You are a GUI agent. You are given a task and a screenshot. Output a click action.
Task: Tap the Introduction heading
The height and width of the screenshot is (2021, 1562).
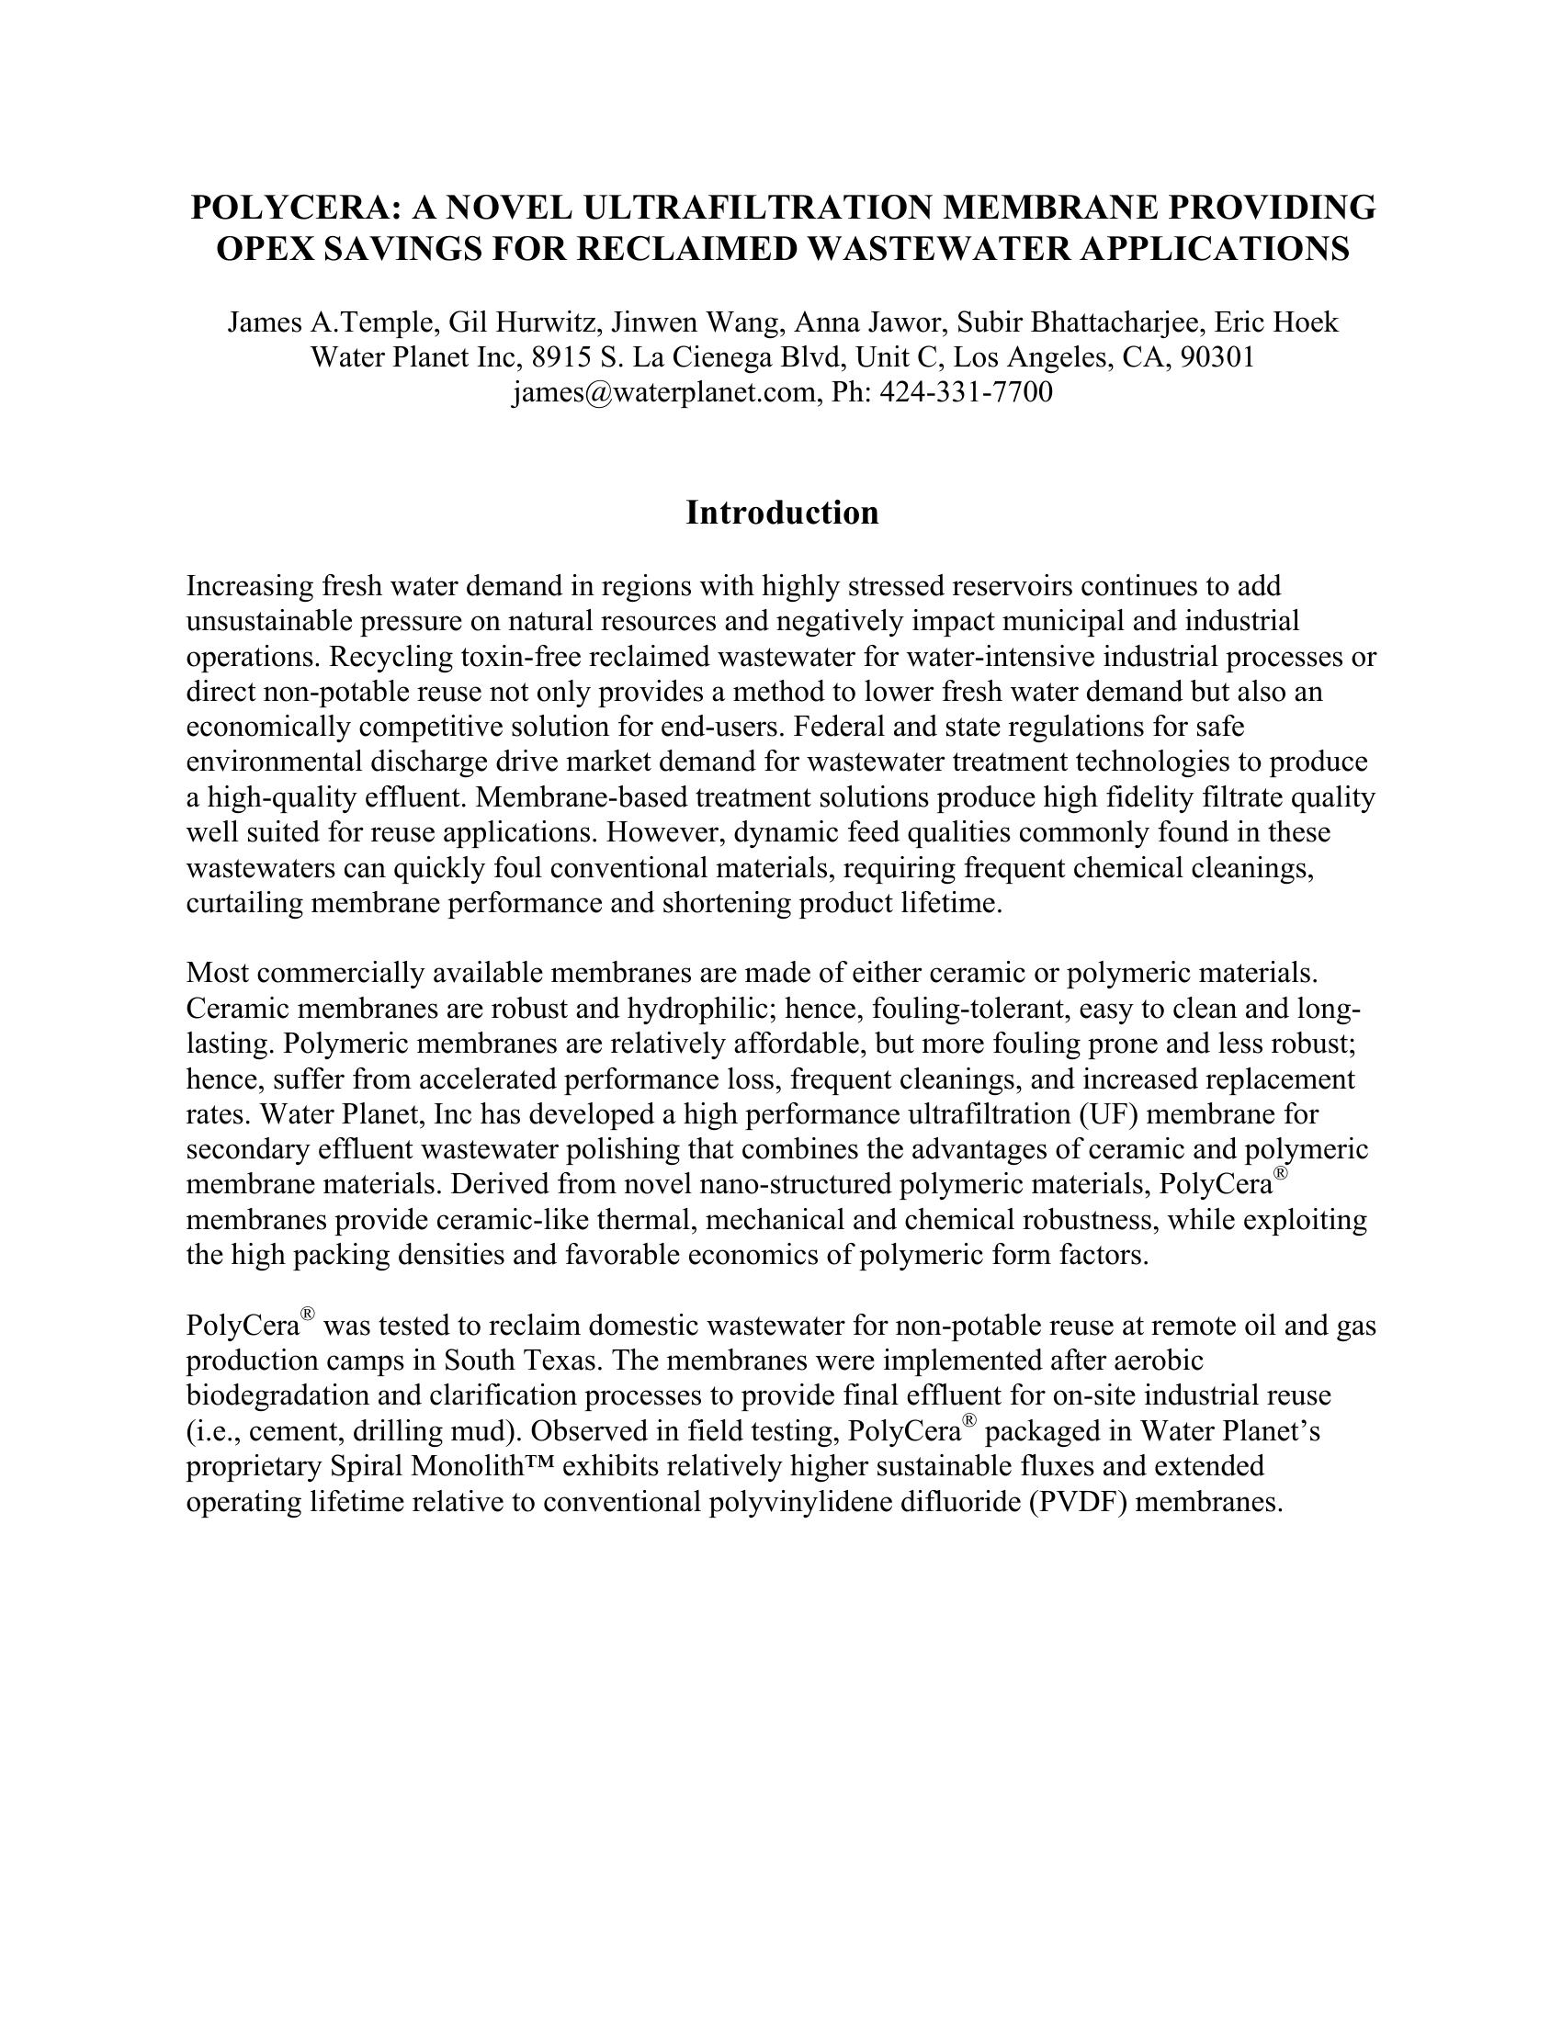click(x=782, y=513)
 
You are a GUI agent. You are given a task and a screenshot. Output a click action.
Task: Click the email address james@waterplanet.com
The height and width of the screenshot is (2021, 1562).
click(x=663, y=392)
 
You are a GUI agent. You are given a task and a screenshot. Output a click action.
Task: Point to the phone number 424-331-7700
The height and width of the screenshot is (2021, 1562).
click(x=965, y=392)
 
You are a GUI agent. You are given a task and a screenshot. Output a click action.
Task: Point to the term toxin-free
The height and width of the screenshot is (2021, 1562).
click(x=519, y=657)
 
